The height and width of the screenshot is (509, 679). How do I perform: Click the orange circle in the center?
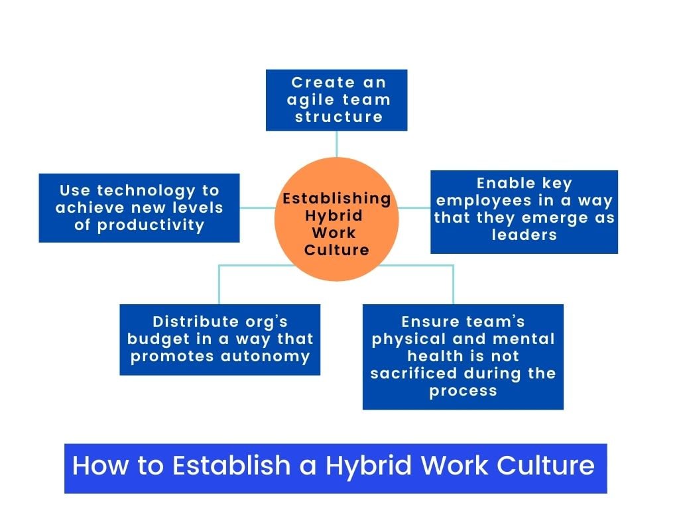tap(336, 219)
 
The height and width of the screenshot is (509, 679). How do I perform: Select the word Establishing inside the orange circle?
tap(336, 198)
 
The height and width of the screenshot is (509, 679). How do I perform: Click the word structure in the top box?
tap(339, 117)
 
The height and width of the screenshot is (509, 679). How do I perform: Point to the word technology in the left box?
tap(146, 191)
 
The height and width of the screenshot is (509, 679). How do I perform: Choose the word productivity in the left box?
tap(151, 225)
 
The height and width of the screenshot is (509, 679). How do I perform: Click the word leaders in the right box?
tap(524, 235)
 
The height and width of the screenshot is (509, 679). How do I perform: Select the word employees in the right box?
tap(483, 201)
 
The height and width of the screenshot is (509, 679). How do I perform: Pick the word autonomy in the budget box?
tap(265, 357)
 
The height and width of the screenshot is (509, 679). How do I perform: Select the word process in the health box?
tap(463, 391)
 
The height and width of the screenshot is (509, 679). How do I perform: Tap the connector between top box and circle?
tap(336, 144)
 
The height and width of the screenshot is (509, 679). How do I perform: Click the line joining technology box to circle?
tap(258, 207)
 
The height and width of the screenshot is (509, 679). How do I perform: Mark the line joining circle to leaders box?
tap(414, 207)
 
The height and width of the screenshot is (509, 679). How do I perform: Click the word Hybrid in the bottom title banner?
tap(369, 467)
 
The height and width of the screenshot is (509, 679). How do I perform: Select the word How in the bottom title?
tap(101, 466)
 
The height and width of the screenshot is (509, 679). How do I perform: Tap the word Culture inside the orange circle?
tap(336, 250)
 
